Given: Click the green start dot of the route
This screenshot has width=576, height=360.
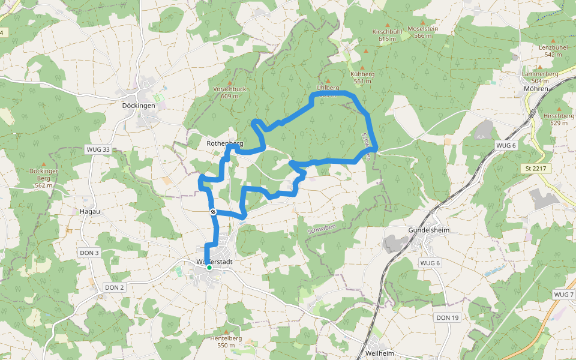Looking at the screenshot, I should [x=209, y=268].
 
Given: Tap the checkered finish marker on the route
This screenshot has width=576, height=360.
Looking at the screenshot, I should [x=213, y=212].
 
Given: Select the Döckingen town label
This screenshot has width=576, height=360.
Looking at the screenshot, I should [x=139, y=106].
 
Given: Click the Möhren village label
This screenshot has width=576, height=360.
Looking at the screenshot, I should [x=535, y=89].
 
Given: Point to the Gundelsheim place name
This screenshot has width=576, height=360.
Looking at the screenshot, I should [x=428, y=230].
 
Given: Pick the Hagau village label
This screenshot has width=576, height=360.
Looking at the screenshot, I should [x=89, y=212].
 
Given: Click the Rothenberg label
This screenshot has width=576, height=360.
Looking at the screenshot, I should [x=224, y=144].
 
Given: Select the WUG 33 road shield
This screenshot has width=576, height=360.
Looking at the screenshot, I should [x=98, y=149].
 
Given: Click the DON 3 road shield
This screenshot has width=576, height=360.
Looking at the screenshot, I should [x=89, y=253].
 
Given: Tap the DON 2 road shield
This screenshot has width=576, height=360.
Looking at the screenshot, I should [x=114, y=287].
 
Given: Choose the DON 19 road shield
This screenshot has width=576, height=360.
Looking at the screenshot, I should [x=447, y=317].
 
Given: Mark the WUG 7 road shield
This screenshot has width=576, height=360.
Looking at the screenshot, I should [x=564, y=295].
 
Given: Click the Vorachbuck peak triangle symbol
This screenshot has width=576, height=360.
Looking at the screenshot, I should [x=229, y=83].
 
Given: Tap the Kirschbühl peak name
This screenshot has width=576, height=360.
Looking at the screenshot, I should [x=387, y=31].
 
